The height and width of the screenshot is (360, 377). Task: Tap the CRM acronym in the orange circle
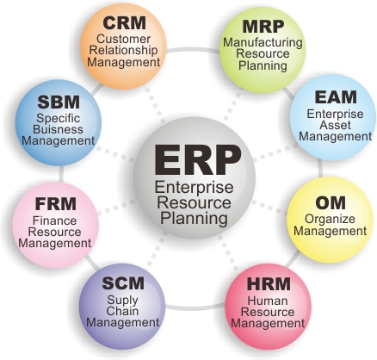tap(124, 23)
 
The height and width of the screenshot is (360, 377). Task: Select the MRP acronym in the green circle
tap(263, 27)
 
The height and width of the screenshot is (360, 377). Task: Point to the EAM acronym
tap(336, 97)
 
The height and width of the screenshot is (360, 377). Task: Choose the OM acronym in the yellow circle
tap(331, 203)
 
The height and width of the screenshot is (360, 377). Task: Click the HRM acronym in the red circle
tap(269, 283)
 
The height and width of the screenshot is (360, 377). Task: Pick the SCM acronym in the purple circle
tap(123, 283)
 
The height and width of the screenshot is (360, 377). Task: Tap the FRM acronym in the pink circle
tap(56, 204)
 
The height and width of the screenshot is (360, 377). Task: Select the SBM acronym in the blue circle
tap(59, 102)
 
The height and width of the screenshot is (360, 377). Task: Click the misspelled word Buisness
tap(58, 129)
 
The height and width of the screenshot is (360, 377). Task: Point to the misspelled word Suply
tap(122, 301)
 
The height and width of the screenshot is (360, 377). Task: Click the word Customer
tap(123, 39)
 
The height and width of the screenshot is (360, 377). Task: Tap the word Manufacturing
tap(263, 43)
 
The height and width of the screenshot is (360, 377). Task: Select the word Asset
tap(335, 125)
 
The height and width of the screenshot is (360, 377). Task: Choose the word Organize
tap(330, 220)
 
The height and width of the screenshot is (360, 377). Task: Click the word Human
tap(268, 301)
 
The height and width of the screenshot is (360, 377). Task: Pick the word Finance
tap(54, 220)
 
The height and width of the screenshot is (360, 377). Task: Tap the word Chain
tap(122, 311)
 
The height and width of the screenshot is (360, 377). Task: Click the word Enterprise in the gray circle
tap(194, 188)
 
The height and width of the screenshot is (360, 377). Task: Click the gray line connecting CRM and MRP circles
tap(193, 50)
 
